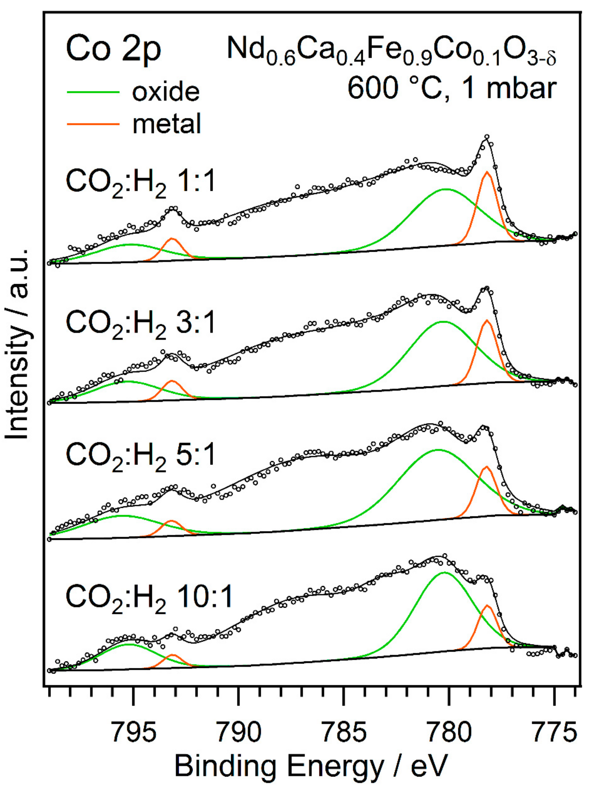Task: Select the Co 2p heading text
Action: pyautogui.click(x=114, y=50)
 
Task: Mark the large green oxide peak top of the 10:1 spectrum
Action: pyautogui.click(x=444, y=573)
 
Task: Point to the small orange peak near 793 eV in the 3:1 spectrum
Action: pyautogui.click(x=172, y=381)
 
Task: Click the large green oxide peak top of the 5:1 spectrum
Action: pyautogui.click(x=438, y=450)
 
